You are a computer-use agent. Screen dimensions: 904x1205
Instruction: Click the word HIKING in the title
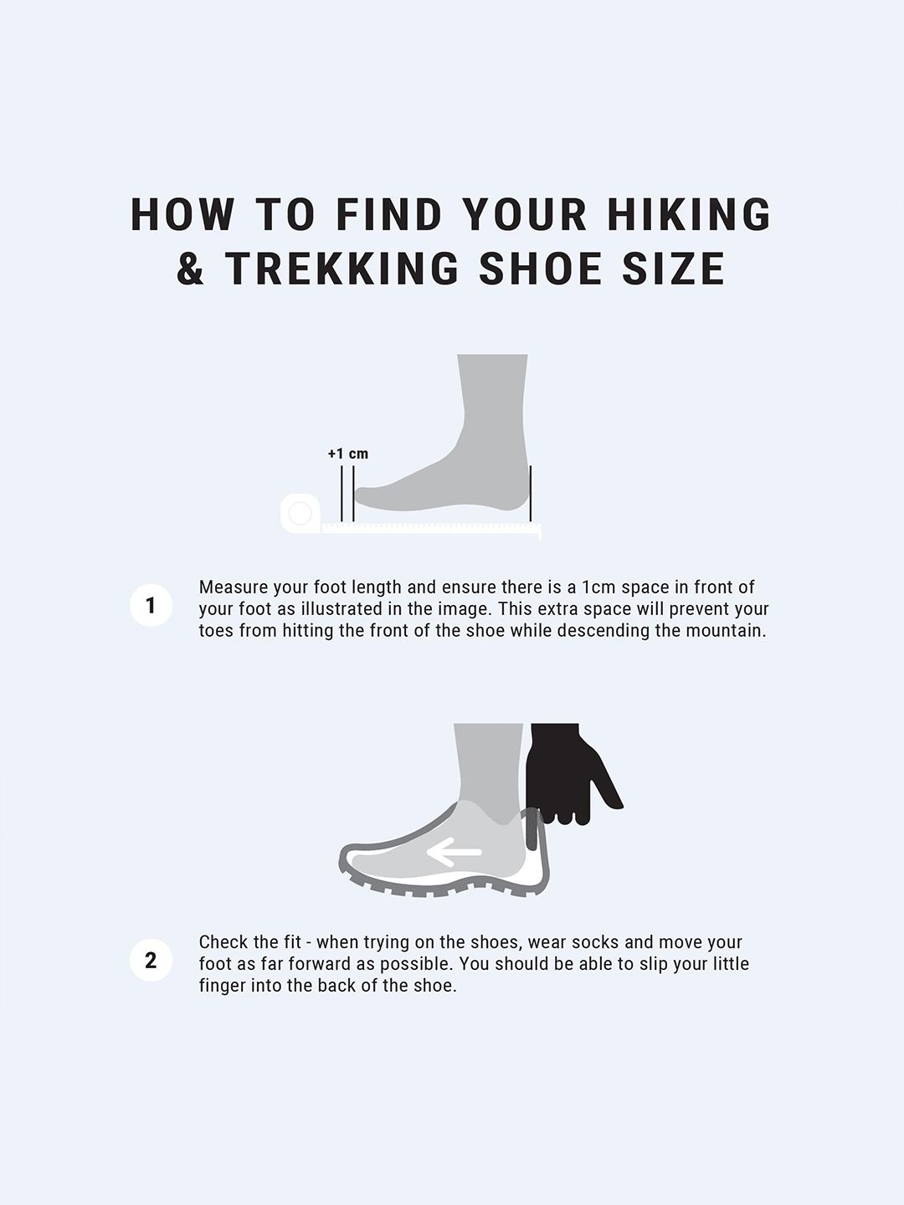pos(689,214)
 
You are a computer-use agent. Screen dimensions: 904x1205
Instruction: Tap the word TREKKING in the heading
pos(342,268)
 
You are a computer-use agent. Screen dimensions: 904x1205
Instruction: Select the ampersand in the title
pos(190,268)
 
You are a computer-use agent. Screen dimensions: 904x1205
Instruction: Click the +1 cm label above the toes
pos(348,454)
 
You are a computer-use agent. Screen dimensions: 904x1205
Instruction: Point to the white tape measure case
pos(300,513)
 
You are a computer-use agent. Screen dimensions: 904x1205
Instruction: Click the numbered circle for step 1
pos(151,606)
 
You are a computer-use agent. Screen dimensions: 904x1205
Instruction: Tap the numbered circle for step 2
pos(151,960)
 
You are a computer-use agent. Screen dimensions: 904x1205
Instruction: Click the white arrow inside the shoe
pos(454,852)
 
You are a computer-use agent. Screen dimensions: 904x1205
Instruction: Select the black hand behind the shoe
pos(571,774)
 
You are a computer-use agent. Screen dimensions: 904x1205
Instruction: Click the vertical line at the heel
pos(530,494)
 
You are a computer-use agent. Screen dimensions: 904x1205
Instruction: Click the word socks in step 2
pos(595,942)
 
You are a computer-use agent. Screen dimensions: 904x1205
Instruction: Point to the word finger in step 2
pos(223,986)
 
